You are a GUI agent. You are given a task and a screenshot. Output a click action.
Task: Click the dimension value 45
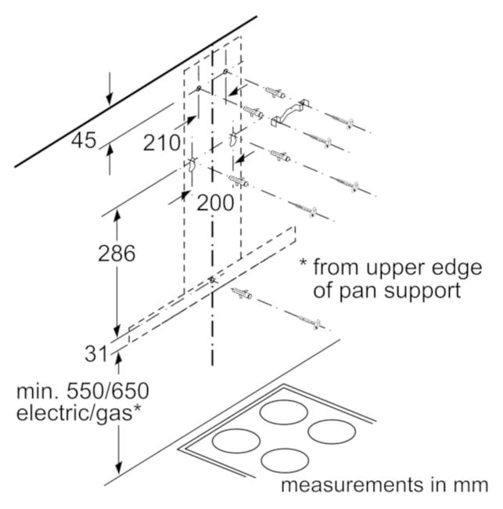point(84,140)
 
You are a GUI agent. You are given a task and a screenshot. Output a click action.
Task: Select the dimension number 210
point(161,143)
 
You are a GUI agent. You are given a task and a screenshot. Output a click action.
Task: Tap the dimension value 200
point(215,203)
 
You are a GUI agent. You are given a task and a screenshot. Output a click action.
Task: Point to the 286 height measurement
point(117,253)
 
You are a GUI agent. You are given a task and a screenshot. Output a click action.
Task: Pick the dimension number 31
point(95,353)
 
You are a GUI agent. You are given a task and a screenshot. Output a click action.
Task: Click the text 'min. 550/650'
point(83,392)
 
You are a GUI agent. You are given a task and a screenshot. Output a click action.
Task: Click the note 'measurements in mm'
point(385,485)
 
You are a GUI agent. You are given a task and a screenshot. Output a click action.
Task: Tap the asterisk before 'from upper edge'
point(303,262)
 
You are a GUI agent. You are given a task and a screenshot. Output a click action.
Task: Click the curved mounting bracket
point(289,113)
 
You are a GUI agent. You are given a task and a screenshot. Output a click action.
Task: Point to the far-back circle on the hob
point(284,413)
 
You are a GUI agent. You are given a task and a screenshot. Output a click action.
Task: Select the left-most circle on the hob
point(235,441)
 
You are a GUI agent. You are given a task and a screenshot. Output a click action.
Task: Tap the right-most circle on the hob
point(332,431)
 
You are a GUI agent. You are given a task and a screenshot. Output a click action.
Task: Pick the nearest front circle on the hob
point(285,461)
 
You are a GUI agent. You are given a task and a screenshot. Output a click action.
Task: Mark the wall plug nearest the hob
point(242,293)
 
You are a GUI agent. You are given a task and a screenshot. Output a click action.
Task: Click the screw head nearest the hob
point(317,324)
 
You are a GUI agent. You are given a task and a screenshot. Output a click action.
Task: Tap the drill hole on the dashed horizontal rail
point(212,280)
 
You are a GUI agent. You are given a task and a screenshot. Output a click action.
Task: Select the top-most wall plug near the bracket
point(275,92)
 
